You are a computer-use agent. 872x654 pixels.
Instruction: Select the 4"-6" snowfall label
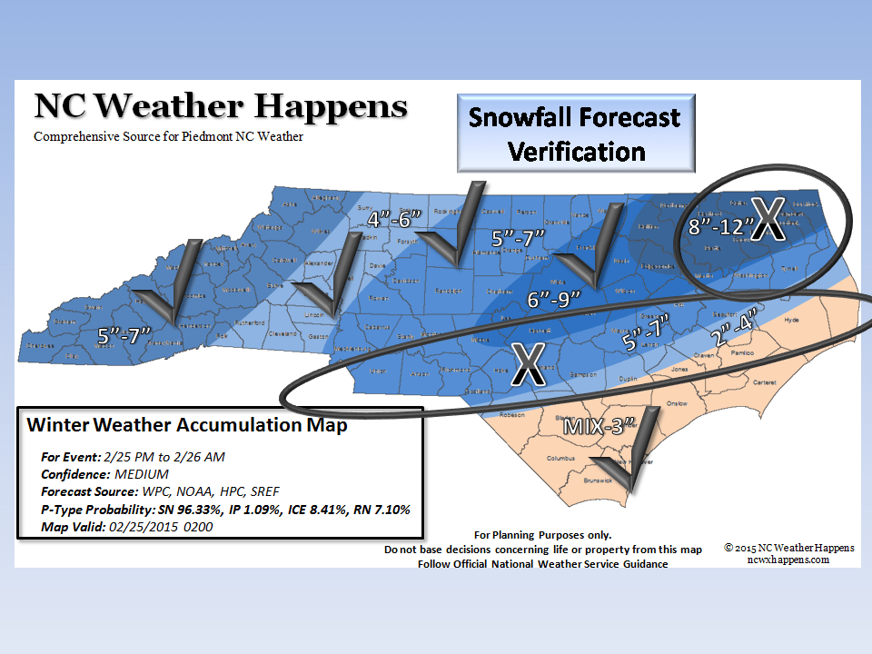pyautogui.click(x=395, y=219)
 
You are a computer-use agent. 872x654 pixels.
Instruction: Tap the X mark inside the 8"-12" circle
pyautogui.click(x=766, y=220)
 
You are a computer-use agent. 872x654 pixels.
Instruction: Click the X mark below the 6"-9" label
pyautogui.click(x=526, y=364)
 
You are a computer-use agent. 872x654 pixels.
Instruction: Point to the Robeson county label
pyautogui.click(x=513, y=414)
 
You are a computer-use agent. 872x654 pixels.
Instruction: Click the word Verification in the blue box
pyautogui.click(x=577, y=151)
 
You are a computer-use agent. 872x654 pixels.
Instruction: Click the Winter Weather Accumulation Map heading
pyautogui.click(x=187, y=425)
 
